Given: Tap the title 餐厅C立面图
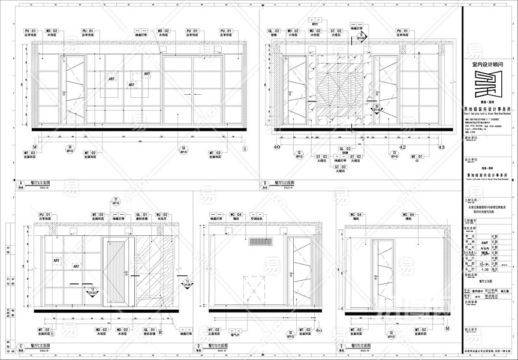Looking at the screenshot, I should (42, 346).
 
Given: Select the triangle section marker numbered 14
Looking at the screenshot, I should (188, 281).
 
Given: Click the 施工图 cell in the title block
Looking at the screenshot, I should (504, 290).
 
